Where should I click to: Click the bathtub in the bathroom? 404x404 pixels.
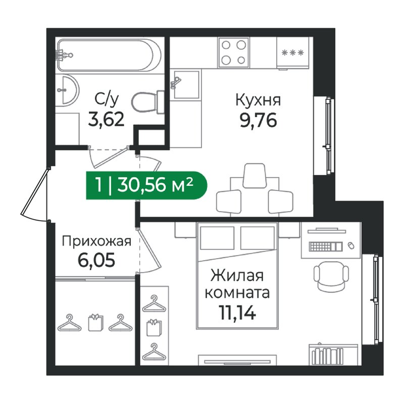110,55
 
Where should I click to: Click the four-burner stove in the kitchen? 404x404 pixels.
233,53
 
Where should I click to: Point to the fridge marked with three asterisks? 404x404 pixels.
293,54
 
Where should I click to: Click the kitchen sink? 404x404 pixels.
186,84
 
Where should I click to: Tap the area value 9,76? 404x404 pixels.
258,120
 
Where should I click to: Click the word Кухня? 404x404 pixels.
258,100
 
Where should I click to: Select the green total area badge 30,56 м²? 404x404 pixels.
146,185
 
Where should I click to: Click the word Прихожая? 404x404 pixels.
96,242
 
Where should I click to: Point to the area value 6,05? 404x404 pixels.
96,260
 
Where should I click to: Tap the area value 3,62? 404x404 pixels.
106,119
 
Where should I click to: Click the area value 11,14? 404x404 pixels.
237,312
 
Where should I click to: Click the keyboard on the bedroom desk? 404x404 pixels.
326,246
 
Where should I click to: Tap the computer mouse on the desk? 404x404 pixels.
351,245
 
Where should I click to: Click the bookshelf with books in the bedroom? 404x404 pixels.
333,355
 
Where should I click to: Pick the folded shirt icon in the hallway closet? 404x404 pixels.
95,322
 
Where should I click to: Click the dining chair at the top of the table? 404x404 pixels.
254,176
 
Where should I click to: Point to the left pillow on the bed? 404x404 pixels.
217,238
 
